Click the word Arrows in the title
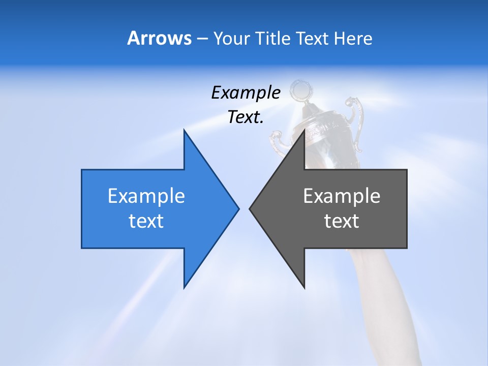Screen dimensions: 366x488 159,38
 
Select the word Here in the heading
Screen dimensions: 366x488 353,38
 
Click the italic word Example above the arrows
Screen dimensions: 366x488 246,93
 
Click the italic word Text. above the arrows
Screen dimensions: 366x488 246,117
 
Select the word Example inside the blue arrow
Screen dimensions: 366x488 146,196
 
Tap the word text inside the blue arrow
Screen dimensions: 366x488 146,221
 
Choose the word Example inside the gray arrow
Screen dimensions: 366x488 342,196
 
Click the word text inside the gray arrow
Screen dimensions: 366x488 342,221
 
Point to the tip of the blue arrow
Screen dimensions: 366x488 238,208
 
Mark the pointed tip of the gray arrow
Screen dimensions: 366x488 250,208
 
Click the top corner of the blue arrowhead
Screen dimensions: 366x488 185,131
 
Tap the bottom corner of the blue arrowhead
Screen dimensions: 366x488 185,288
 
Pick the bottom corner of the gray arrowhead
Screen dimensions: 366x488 304,288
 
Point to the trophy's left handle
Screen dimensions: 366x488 277,142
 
